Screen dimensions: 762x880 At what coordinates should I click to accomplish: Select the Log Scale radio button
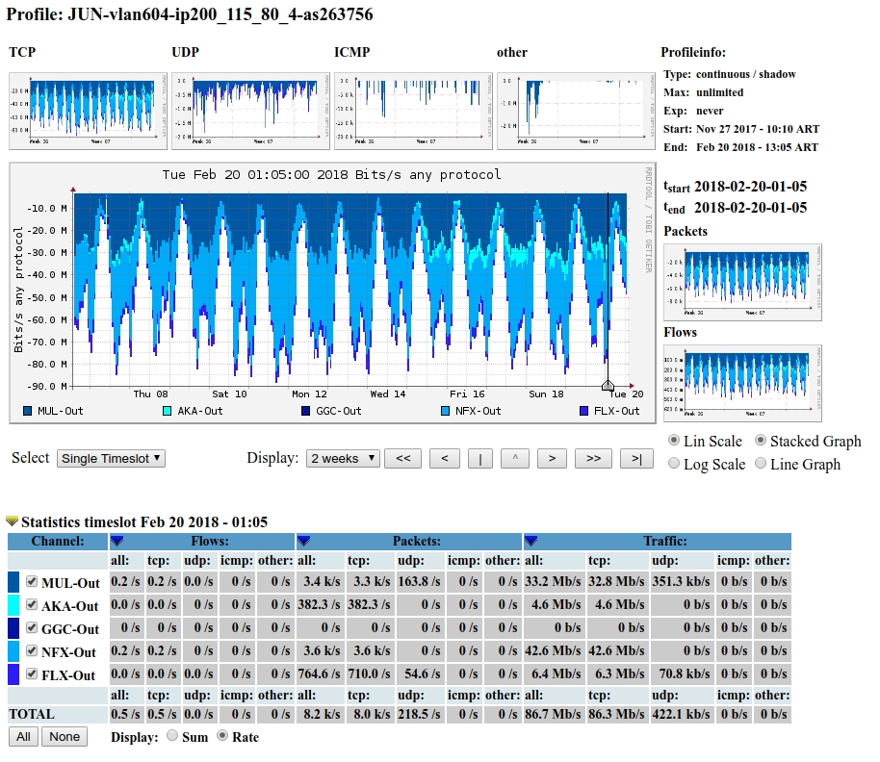coord(675,464)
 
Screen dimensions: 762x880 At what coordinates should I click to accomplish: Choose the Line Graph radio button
coord(762,464)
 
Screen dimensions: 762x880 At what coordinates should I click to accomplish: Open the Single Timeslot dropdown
coord(111,459)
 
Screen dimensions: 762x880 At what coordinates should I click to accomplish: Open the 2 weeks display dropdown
coord(343,459)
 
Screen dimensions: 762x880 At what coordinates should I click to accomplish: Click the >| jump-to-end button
coord(636,459)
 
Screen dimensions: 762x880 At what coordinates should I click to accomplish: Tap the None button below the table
coord(65,737)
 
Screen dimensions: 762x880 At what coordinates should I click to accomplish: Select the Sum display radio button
coord(173,737)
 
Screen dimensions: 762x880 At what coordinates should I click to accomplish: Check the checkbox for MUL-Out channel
coord(32,582)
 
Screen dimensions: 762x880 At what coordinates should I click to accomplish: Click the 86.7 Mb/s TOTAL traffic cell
coord(553,715)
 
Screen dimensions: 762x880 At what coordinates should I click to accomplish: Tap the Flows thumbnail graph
coord(742,382)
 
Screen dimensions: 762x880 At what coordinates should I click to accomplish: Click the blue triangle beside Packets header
coord(303,541)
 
